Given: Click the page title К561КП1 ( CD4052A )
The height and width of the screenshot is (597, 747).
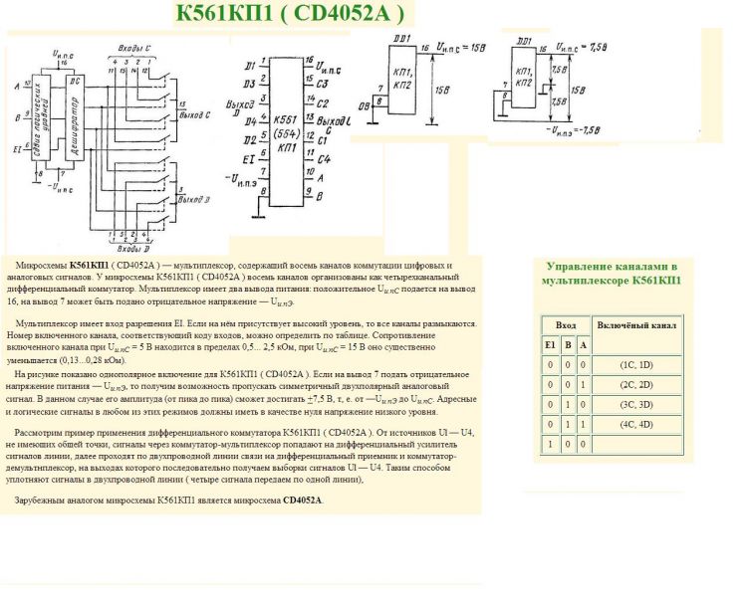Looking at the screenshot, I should (x=290, y=13).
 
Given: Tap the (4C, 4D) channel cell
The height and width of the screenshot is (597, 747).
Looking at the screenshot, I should (x=634, y=425).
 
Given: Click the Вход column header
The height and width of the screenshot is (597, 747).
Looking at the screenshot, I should (x=565, y=325).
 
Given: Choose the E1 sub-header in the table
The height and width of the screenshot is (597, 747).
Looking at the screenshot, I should (x=549, y=344).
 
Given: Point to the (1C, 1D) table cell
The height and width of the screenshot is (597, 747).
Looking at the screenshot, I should (x=634, y=365).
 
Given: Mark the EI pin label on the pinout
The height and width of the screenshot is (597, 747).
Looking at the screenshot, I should (x=249, y=158).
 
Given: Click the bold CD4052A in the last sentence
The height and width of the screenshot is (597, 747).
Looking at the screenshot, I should (x=303, y=500).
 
